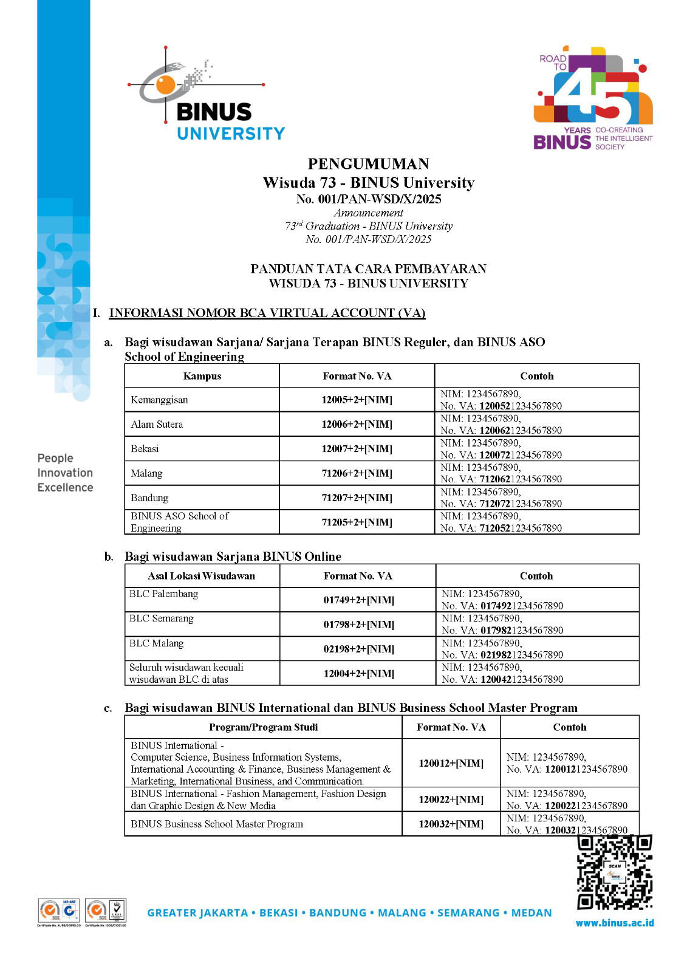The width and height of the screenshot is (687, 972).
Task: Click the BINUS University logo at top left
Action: pos(207,97)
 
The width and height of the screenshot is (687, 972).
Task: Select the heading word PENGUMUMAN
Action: pos(368,164)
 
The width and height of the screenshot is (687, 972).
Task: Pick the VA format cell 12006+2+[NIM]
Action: pos(357,424)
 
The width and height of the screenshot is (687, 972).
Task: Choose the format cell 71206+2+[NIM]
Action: pos(357,473)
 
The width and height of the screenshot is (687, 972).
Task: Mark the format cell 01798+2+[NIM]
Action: pos(358,625)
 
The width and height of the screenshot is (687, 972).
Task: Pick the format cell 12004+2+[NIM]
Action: pos(358,673)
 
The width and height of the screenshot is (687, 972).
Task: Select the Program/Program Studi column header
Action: pos(263,727)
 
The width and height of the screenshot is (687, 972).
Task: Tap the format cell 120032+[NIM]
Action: pos(451,824)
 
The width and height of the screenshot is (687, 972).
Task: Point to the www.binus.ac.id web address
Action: pos(615,923)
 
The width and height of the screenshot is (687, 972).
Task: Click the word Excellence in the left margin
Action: pos(65,487)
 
